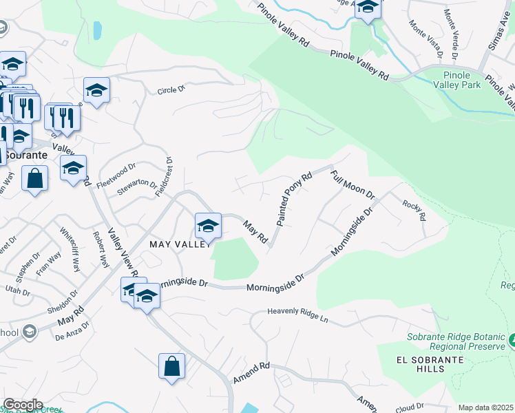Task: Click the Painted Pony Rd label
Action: tap(295, 200)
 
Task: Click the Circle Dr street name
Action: tap(171, 90)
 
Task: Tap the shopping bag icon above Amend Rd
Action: tap(171, 367)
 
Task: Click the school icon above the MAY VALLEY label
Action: tap(207, 225)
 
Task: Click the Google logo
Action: tap(22, 405)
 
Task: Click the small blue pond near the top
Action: tap(97, 30)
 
